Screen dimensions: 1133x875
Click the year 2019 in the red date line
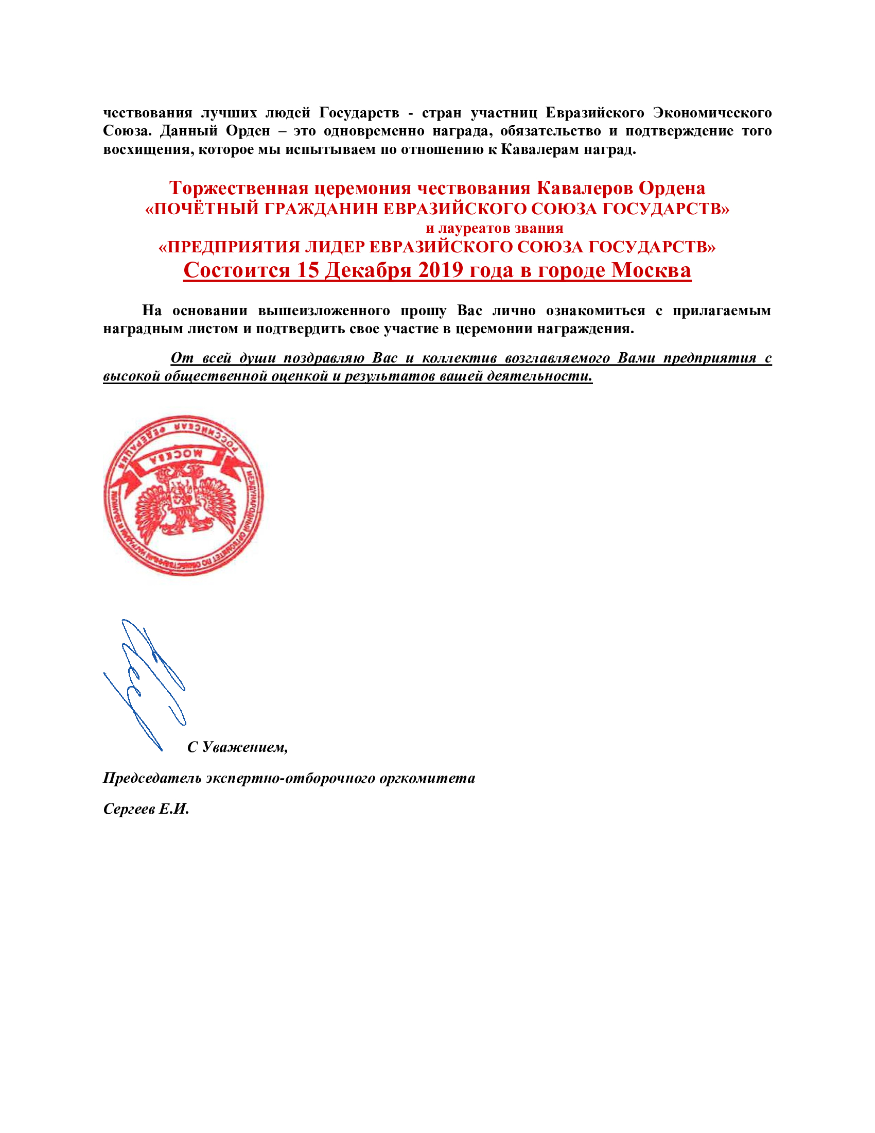440,270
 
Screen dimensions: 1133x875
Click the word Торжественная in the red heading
238,188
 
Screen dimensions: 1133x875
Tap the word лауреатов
471,228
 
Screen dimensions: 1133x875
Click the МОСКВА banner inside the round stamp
183,454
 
